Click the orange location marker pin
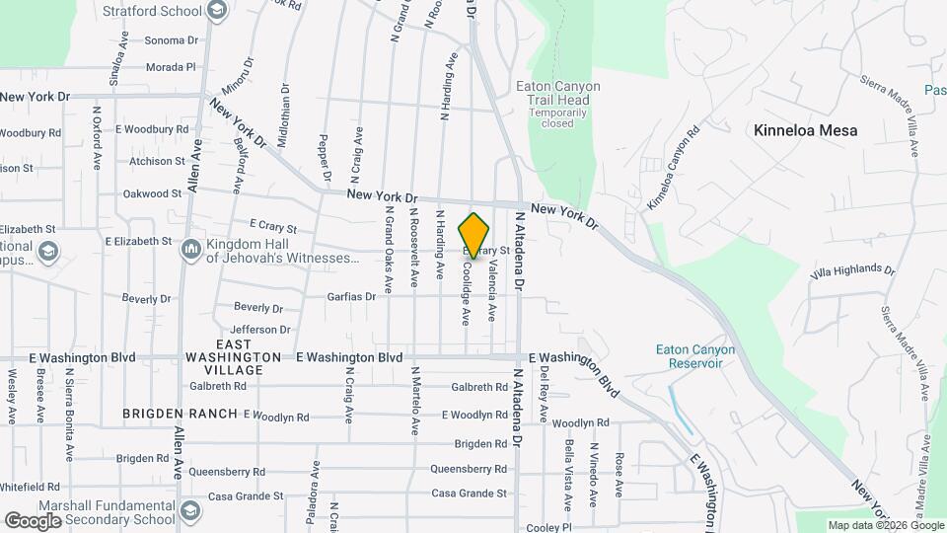point(474,235)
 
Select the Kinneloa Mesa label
point(805,130)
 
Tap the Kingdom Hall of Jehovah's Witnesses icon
point(190,250)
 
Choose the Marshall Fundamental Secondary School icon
point(190,512)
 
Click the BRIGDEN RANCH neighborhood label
point(180,414)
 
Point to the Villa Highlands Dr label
point(851,270)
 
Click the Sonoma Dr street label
point(171,40)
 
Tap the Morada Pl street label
point(171,67)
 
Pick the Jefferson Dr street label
point(259,330)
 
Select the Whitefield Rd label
point(31,487)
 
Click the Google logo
point(33,520)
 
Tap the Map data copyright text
point(885,525)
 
